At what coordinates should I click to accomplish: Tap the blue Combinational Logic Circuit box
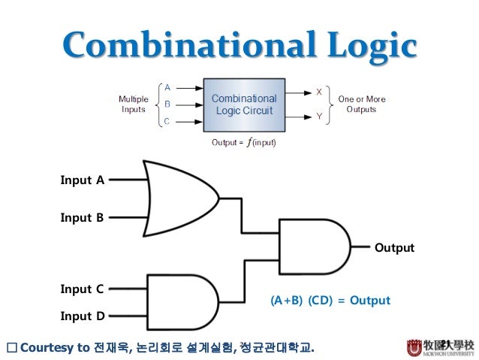pos(243,104)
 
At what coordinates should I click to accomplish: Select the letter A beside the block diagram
pos(167,87)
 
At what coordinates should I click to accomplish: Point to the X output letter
pos(320,92)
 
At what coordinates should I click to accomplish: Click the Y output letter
pos(320,116)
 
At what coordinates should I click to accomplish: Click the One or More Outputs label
pos(361,104)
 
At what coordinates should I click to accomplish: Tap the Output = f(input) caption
pos(244,143)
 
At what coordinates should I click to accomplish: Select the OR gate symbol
pos(180,198)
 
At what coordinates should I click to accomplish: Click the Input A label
pos(82,180)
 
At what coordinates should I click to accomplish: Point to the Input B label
pos(82,218)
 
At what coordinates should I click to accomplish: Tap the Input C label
pos(82,289)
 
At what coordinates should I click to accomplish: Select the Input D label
pos(82,316)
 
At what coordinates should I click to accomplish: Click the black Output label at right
pos(394,248)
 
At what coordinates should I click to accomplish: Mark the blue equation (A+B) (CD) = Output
pos(330,301)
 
